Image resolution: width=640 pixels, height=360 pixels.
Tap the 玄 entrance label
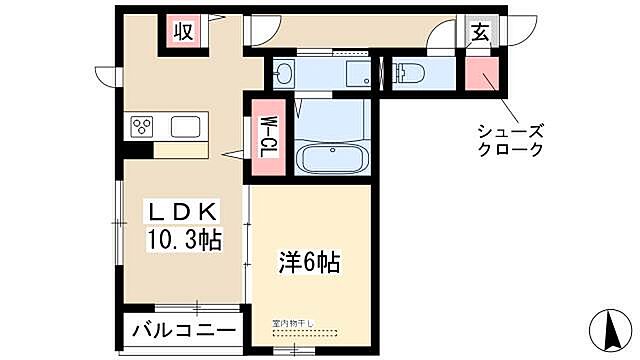(x=480, y=31)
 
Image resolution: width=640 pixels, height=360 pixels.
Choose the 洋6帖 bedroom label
(x=309, y=263)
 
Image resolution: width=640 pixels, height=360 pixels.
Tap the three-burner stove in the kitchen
(x=142, y=127)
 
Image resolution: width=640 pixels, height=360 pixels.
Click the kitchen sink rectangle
(x=187, y=127)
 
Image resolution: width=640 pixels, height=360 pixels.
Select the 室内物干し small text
(x=292, y=323)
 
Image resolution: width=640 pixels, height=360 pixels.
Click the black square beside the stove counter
(x=132, y=150)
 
